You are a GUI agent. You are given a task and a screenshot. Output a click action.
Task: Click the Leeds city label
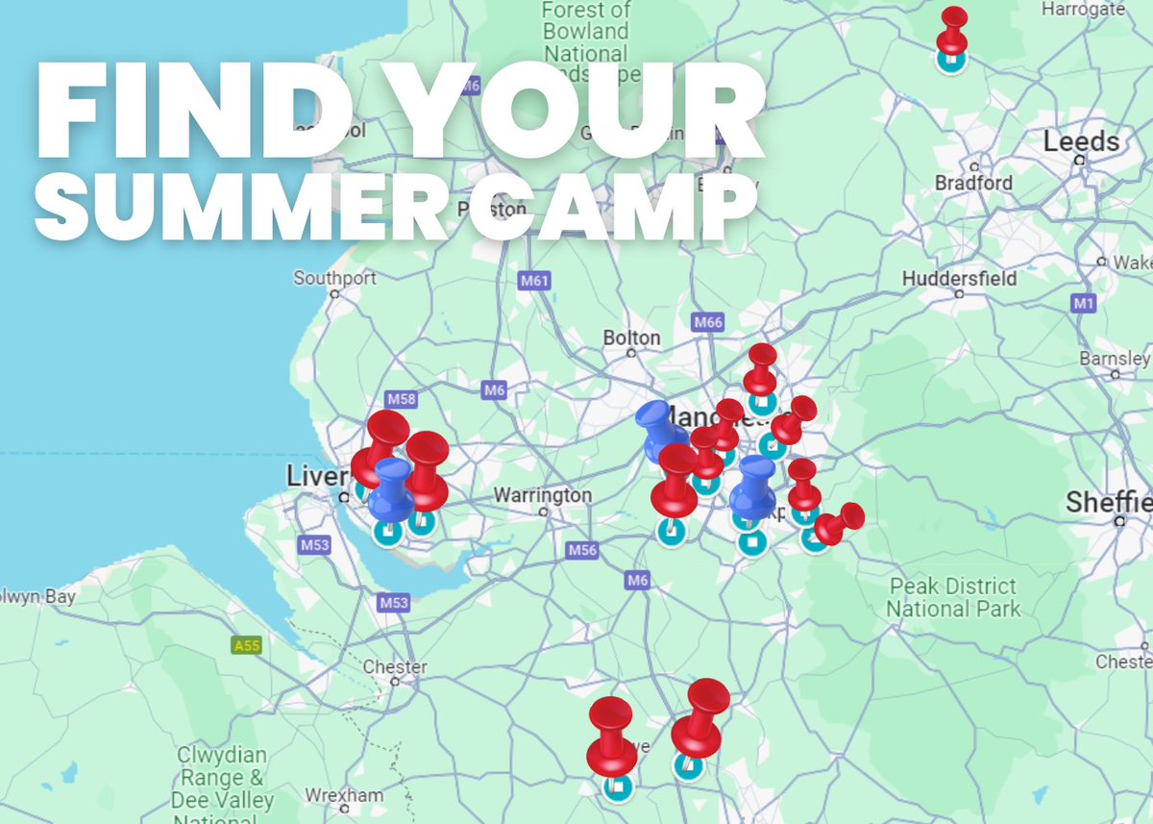[x=1081, y=142]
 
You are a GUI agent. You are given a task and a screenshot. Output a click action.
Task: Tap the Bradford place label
[x=973, y=183]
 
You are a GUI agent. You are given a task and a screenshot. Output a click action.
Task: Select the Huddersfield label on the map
[x=959, y=279]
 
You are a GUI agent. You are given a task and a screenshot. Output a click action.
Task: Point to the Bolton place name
[x=631, y=337]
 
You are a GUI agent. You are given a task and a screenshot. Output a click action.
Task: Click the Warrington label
[x=543, y=495]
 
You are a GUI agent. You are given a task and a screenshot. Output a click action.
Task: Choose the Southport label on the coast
[x=334, y=278]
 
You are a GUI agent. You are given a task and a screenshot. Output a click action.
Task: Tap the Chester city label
[x=395, y=666]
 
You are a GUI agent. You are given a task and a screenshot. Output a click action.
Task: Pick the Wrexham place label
[x=344, y=795]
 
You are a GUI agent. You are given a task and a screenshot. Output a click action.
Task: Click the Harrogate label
[x=1083, y=10]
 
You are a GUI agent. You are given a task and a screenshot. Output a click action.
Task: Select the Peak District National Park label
[x=953, y=597]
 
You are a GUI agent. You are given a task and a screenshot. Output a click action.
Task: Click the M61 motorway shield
[x=534, y=281]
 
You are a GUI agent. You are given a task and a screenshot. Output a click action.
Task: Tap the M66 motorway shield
[x=707, y=322]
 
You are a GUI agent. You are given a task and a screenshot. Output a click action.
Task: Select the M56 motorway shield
[x=582, y=550]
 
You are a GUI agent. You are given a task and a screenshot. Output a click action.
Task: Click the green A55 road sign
[x=247, y=645]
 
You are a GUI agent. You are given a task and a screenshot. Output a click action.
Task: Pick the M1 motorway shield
[x=1084, y=304]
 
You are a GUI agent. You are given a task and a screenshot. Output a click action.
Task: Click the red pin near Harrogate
[x=953, y=31]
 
